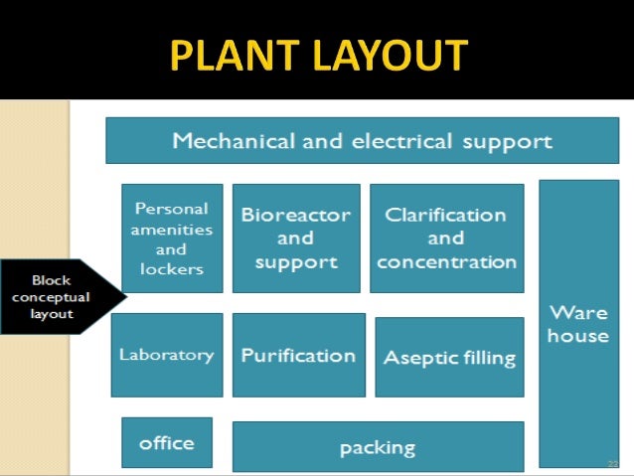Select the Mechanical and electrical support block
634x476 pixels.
pyautogui.click(x=362, y=141)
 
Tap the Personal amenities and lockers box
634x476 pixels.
pyautogui.click(x=172, y=238)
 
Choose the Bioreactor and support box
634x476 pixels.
pyautogui.click(x=296, y=238)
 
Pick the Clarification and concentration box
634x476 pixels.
pyautogui.click(x=446, y=238)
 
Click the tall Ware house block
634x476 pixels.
pyautogui.click(x=577, y=323)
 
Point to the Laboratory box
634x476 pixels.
pyautogui.click(x=167, y=355)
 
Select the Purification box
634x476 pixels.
pyautogui.click(x=298, y=355)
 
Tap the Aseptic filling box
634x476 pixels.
pyautogui.click(x=449, y=358)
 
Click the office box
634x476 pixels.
pyautogui.click(x=167, y=442)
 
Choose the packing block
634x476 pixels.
pyautogui.click(x=378, y=447)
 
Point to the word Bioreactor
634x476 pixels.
pyautogui.click(x=296, y=215)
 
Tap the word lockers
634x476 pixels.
pyautogui.click(x=172, y=268)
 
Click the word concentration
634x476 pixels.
pyautogui.click(x=446, y=262)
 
